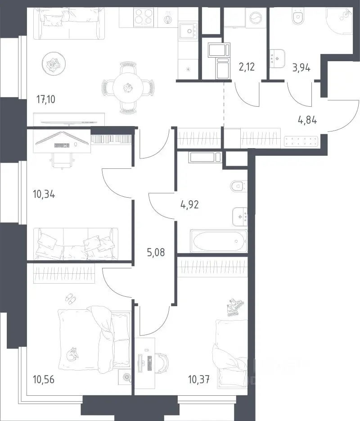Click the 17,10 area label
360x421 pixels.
click(46, 100)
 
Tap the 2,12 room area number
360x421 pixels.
click(247, 66)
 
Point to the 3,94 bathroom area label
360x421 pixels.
click(301, 68)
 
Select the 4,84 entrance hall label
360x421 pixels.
click(307, 120)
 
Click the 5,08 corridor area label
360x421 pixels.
click(156, 253)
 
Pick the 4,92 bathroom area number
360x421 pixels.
click(189, 205)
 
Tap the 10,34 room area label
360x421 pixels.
click(44, 194)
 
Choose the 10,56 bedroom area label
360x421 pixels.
click(44, 380)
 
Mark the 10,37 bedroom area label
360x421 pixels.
click(199, 380)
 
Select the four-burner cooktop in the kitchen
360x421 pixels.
click(144, 17)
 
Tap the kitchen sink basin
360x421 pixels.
click(189, 31)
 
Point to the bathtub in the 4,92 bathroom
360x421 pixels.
click(219, 241)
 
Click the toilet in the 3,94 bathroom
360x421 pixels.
click(298, 17)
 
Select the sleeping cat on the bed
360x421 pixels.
click(72, 354)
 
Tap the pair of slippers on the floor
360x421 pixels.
click(71, 299)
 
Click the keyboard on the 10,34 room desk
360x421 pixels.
click(62, 145)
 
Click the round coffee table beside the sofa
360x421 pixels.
click(54, 63)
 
